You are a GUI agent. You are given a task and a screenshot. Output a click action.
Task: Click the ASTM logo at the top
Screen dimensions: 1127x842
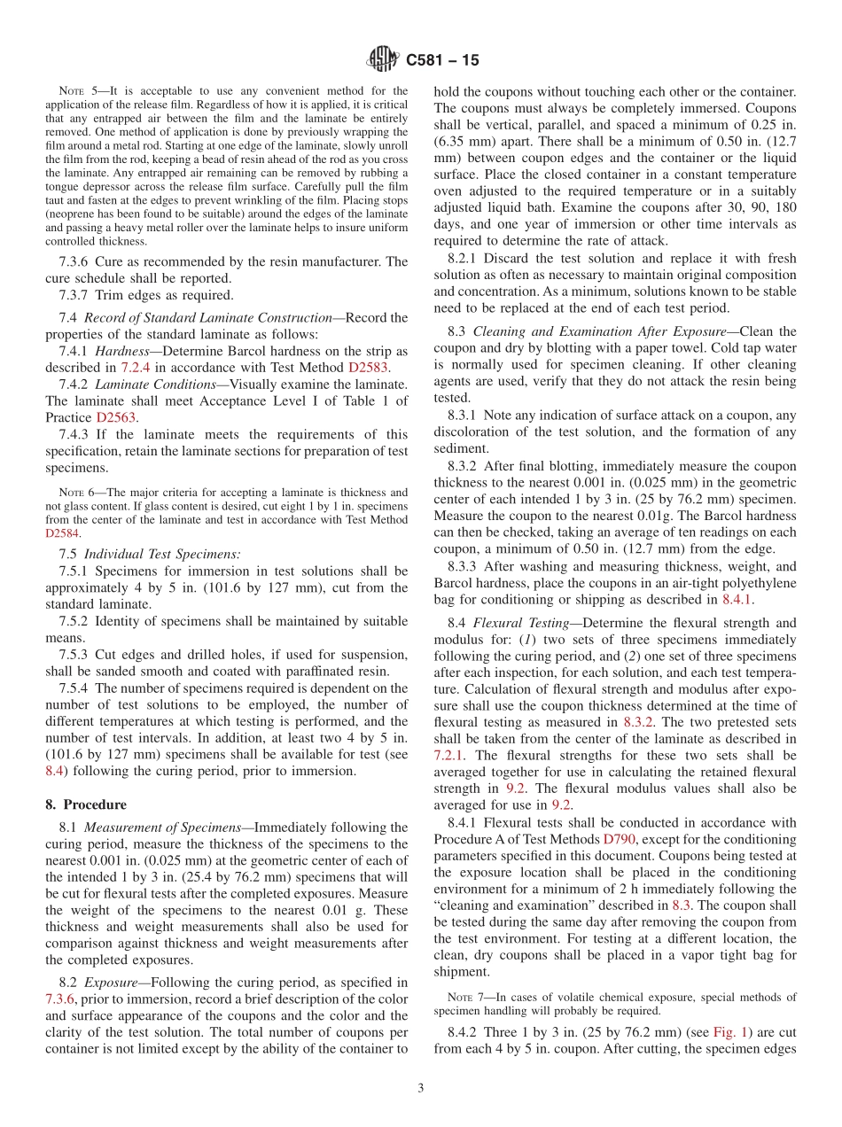point(383,59)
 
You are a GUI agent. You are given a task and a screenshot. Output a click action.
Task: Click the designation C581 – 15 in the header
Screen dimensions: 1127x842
point(442,60)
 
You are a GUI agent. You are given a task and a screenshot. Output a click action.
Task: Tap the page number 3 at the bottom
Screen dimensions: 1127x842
point(421,1088)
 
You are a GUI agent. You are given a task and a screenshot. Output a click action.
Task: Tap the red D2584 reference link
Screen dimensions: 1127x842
point(62,533)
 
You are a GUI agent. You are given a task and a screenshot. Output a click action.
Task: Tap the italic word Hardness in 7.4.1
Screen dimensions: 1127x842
point(122,351)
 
